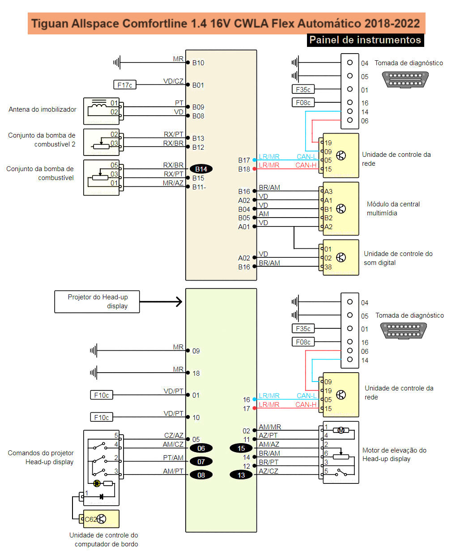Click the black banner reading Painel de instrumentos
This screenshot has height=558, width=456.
[365, 40]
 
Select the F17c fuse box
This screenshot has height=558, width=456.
[124, 85]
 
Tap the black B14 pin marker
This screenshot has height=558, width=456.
[201, 169]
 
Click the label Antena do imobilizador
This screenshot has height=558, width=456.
[43, 109]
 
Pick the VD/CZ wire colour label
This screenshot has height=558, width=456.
[173, 81]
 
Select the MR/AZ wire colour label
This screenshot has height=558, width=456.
[173, 183]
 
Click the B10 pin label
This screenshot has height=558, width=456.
[198, 63]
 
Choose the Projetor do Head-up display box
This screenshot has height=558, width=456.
[97, 302]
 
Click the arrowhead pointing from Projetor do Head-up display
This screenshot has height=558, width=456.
[179, 302]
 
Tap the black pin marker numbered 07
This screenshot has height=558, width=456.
[201, 462]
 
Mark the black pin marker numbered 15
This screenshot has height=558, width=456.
[241, 448]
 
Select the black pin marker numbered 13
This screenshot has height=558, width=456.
[241, 475]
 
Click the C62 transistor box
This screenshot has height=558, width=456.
[101, 519]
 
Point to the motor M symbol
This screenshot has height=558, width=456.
[341, 430]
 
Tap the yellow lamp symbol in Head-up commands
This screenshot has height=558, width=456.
[97, 483]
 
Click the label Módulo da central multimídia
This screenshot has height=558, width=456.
[393, 209]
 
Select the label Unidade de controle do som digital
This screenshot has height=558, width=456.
[398, 258]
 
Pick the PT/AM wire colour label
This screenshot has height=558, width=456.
[173, 458]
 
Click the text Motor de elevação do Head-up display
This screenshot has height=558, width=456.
[394, 454]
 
